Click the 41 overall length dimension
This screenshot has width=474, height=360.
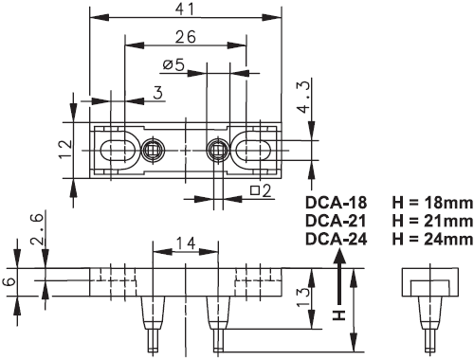coord(185,9)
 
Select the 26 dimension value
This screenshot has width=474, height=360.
coord(186,37)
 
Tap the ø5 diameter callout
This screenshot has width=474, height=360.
coord(173,65)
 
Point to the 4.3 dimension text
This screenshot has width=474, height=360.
coord(304,97)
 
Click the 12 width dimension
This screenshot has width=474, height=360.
coord(65,150)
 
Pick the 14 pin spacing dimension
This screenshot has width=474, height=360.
coord(186,243)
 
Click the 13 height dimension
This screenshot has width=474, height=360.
coord(303,297)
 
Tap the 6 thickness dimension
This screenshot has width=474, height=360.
coord(11,281)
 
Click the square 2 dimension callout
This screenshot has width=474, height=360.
coord(261,190)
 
